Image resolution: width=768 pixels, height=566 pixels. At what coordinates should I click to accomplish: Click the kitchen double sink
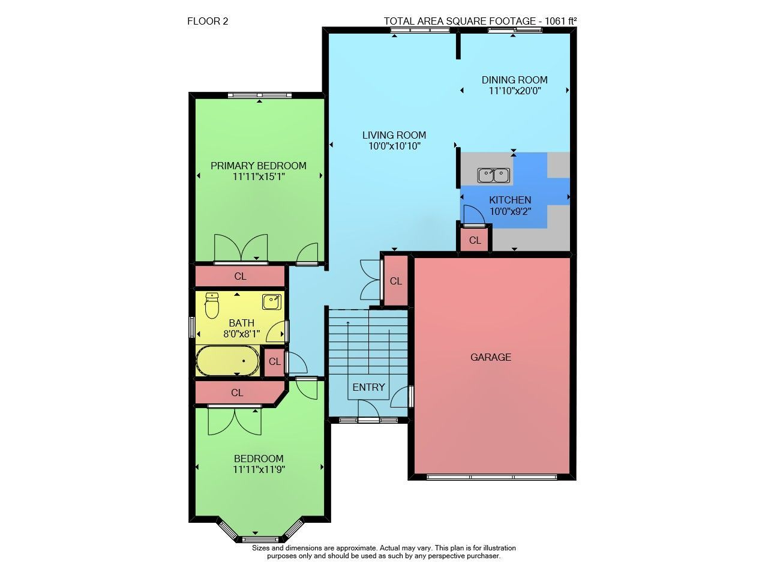[493, 175]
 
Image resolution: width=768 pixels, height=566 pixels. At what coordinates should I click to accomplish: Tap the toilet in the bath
[212, 305]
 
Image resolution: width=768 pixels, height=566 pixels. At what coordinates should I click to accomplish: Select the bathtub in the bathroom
[227, 361]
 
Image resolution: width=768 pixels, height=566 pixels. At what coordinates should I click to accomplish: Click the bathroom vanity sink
[272, 302]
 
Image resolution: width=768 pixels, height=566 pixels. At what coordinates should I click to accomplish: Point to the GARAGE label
[491, 357]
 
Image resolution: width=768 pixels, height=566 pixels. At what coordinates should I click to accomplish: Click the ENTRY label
[368, 387]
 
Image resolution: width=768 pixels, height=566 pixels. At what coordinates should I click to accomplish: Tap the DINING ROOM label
[514, 80]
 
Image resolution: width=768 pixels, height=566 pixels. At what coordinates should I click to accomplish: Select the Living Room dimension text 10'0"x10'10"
[394, 146]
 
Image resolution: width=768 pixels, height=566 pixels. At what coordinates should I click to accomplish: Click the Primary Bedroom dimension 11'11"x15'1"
[259, 176]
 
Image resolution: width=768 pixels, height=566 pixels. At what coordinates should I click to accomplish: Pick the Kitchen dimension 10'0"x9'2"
[510, 211]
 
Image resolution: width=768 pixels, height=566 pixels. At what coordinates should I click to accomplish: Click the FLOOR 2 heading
[208, 21]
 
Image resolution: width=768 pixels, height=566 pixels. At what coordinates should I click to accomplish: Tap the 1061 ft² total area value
[560, 21]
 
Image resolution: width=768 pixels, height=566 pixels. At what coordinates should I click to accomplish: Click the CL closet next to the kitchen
[475, 241]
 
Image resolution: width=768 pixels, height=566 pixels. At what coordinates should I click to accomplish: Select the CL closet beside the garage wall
[395, 281]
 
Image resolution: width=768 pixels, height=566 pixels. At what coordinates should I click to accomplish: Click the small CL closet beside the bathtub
[274, 361]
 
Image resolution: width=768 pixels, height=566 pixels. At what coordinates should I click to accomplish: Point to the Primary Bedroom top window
[260, 95]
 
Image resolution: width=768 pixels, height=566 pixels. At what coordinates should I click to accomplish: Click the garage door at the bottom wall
[491, 477]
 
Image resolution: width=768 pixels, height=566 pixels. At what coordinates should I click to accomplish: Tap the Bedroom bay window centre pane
[260, 539]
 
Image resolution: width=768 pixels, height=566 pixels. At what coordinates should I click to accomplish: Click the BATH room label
[241, 323]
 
